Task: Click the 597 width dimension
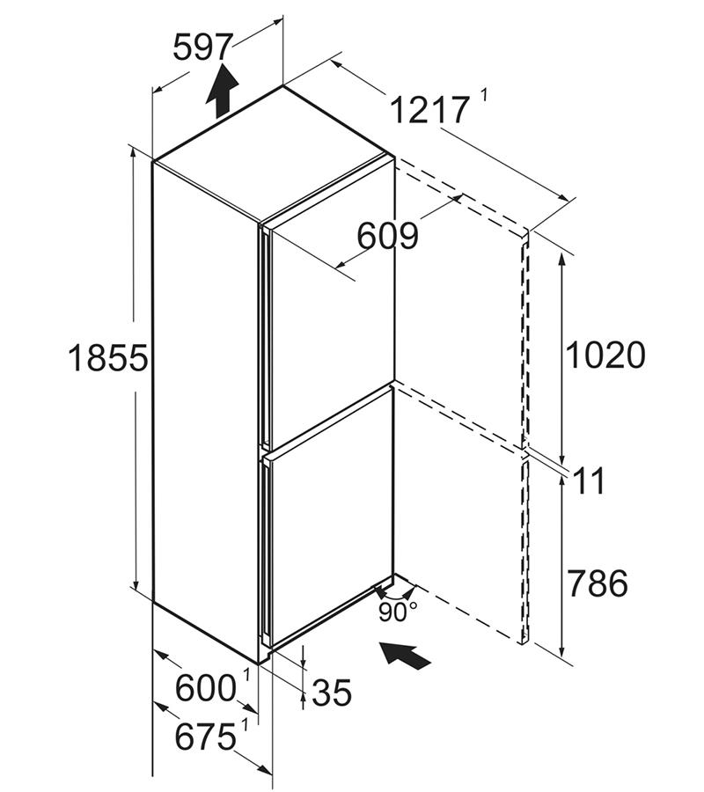click(202, 47)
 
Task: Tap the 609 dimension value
click(388, 235)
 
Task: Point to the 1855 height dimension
click(107, 357)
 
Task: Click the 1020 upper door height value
click(605, 354)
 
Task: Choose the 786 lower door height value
click(598, 583)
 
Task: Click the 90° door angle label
click(398, 612)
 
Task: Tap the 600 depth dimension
click(206, 687)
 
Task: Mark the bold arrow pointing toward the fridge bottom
click(405, 655)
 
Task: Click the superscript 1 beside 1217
click(484, 94)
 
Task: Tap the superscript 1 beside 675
click(246, 727)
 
